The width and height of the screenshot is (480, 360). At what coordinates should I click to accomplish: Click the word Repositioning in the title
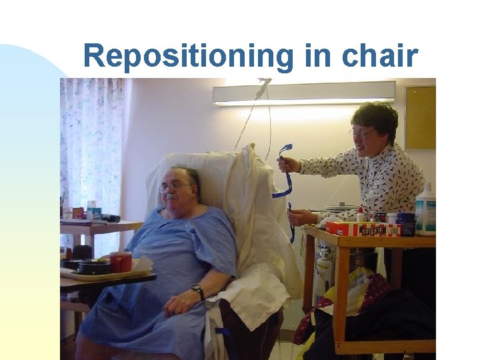(x=188, y=57)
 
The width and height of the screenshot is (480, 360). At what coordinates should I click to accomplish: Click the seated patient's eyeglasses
(x=175, y=188)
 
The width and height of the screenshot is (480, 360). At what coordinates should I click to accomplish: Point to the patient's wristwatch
(x=198, y=292)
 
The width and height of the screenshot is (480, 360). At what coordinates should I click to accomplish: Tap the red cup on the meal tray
(x=121, y=261)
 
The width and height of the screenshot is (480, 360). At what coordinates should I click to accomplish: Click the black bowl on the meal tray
(x=94, y=266)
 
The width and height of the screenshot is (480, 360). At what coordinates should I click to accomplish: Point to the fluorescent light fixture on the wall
(x=303, y=93)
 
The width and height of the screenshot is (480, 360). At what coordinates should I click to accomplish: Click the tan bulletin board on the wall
(x=419, y=117)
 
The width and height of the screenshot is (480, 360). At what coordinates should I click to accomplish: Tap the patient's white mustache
(x=172, y=199)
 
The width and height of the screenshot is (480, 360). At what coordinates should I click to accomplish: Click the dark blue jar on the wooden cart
(x=406, y=223)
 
